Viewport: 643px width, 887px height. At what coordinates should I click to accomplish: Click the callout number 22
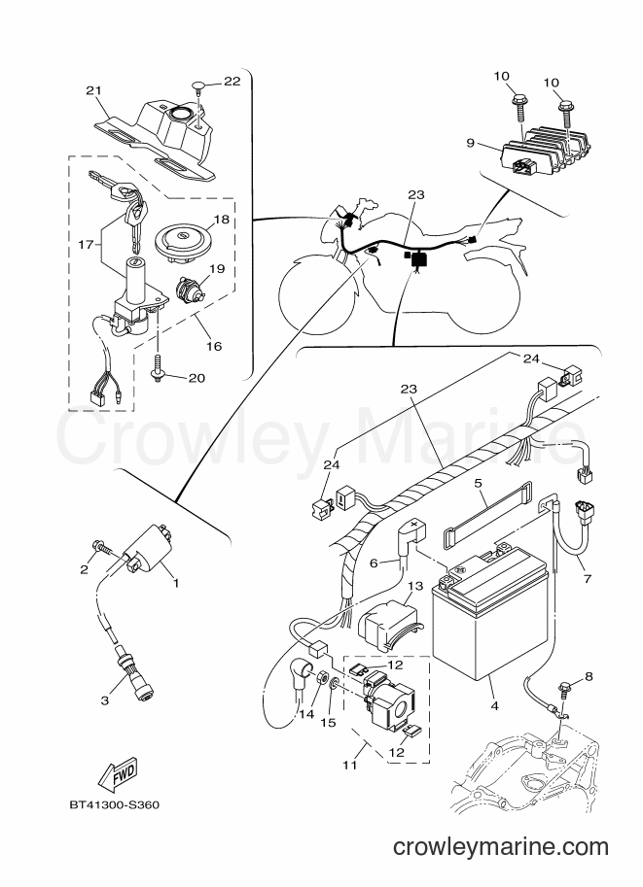point(232,81)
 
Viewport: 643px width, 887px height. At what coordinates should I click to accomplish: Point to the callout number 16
point(214,345)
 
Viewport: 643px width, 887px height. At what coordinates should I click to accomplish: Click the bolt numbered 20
point(157,369)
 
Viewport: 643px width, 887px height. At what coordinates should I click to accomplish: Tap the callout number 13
point(415,585)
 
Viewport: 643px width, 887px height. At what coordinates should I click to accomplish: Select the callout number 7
point(587,579)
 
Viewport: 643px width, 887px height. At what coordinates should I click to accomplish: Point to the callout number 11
point(349,765)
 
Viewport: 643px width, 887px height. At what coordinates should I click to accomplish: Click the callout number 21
point(93,90)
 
